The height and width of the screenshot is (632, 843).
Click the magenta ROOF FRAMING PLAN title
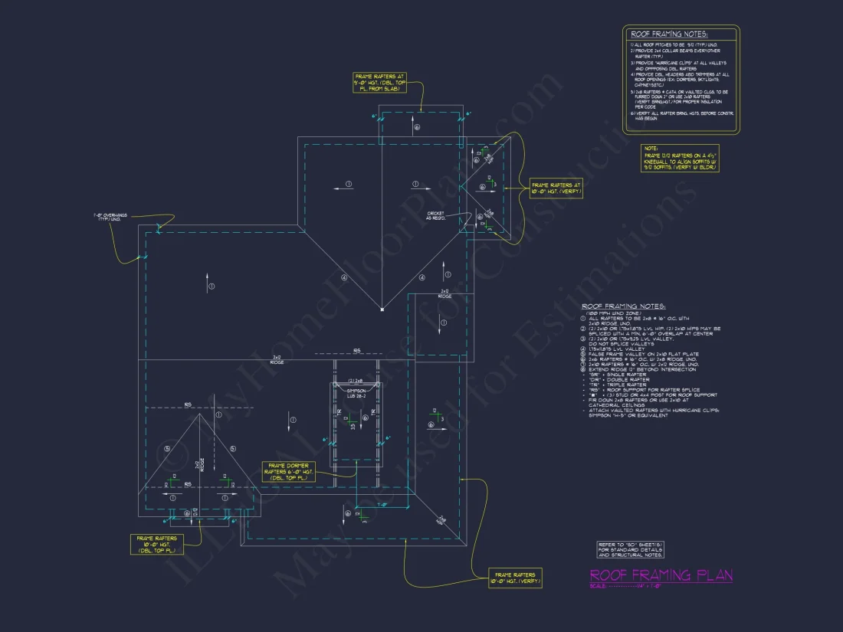coord(661,575)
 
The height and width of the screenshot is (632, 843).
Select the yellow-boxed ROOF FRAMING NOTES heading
coord(669,34)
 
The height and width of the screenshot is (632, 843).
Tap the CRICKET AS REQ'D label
coord(435,217)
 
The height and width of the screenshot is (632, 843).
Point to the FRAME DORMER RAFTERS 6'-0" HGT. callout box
coord(287,471)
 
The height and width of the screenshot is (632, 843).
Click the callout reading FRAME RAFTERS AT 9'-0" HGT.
coord(379,82)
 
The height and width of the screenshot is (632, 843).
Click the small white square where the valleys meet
coord(382,309)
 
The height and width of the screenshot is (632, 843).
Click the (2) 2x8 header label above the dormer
coord(356,380)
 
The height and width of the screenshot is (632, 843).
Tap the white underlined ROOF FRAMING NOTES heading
coord(624,306)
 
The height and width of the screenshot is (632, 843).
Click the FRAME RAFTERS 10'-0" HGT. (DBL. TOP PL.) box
coord(156,544)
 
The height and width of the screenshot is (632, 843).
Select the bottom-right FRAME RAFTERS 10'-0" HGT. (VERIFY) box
coord(515,578)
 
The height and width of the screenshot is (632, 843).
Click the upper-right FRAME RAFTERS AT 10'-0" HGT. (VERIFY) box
coord(556,188)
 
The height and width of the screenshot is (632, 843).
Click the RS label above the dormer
coord(356,351)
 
